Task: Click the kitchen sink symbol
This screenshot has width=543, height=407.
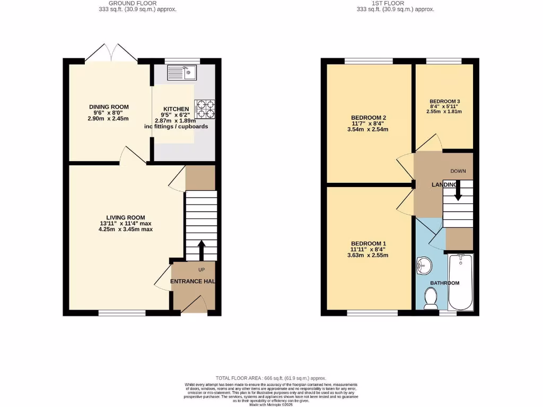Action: tap(182, 73)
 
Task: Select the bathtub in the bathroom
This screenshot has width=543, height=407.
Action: tap(460, 282)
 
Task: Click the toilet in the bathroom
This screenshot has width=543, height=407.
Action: tap(431, 298)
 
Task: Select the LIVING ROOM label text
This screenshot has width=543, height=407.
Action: tap(126, 217)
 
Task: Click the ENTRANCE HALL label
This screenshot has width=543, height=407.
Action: tap(192, 281)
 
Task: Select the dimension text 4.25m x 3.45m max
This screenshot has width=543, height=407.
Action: tap(126, 229)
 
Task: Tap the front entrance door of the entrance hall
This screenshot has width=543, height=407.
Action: tap(195, 305)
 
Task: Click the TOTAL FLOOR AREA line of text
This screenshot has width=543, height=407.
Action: tap(271, 378)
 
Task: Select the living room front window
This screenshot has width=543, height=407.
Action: tap(121, 313)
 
